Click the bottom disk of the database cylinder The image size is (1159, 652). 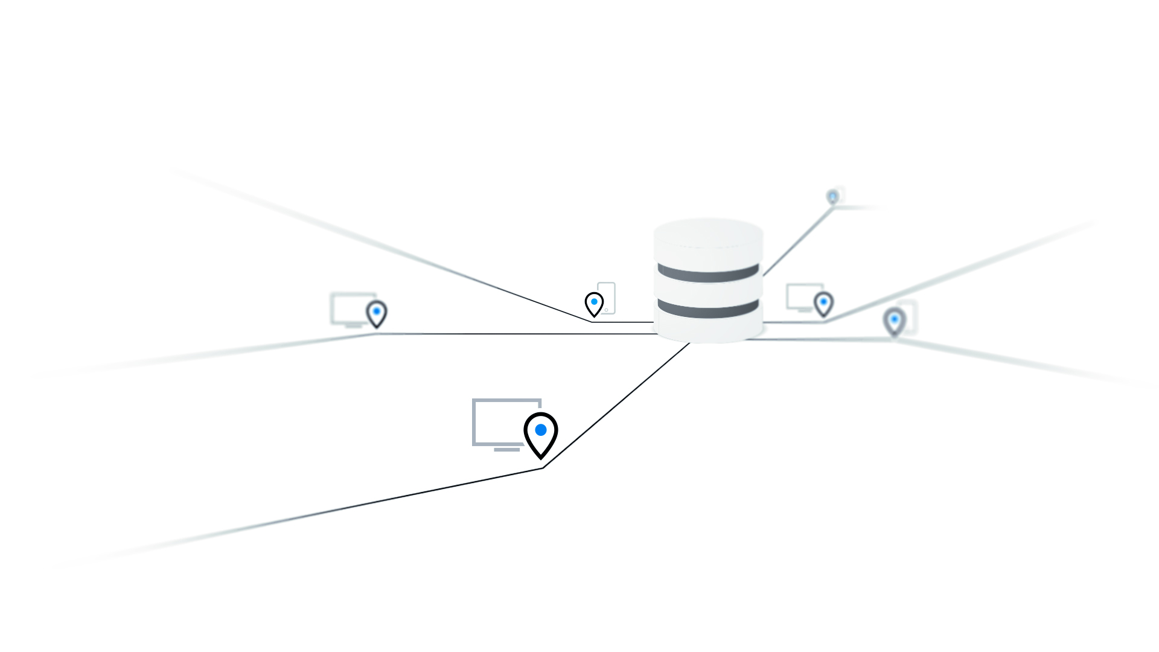(708, 329)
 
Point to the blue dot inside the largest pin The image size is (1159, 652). (541, 430)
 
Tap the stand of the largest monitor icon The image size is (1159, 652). (506, 449)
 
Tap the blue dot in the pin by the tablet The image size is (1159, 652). (594, 301)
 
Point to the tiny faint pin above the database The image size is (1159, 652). (833, 197)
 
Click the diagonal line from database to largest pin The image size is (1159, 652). (616, 406)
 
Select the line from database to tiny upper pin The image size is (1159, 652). (798, 242)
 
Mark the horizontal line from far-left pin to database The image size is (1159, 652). (513, 334)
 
